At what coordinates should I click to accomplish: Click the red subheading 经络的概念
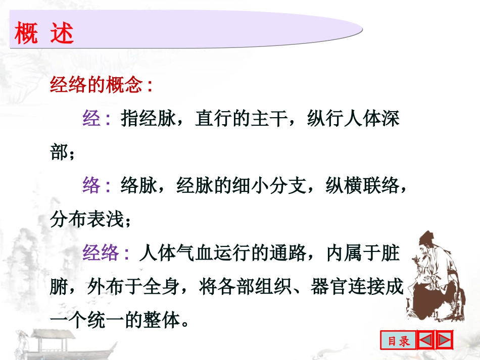pos(96,85)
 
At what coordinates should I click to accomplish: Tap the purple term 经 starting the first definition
pos(91,119)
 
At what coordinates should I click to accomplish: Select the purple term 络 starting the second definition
pos(91,186)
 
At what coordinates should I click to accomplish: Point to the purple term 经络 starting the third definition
pos(101,253)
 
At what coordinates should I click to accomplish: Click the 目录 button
pos(399,341)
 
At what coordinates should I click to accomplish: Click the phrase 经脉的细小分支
pos(242,186)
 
